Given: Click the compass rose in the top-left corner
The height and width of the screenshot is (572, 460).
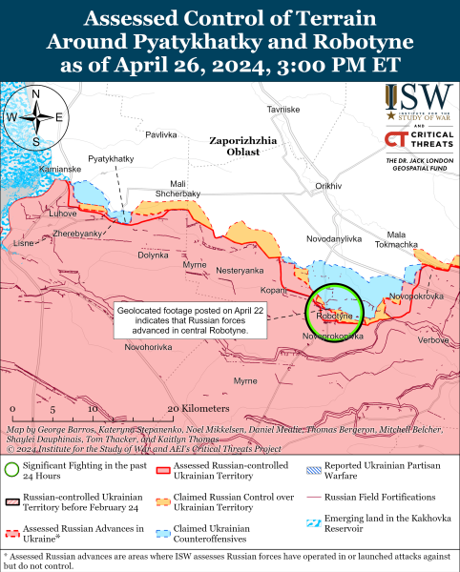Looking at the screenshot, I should click(33, 117).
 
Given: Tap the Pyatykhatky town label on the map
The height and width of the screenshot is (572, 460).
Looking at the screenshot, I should click(110, 158).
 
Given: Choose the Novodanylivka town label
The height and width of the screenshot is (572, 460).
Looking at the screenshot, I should click(334, 237).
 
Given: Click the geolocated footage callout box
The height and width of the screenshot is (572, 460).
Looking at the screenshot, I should click(182, 319).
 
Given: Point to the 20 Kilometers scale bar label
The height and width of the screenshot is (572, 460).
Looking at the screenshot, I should click(201, 408).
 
